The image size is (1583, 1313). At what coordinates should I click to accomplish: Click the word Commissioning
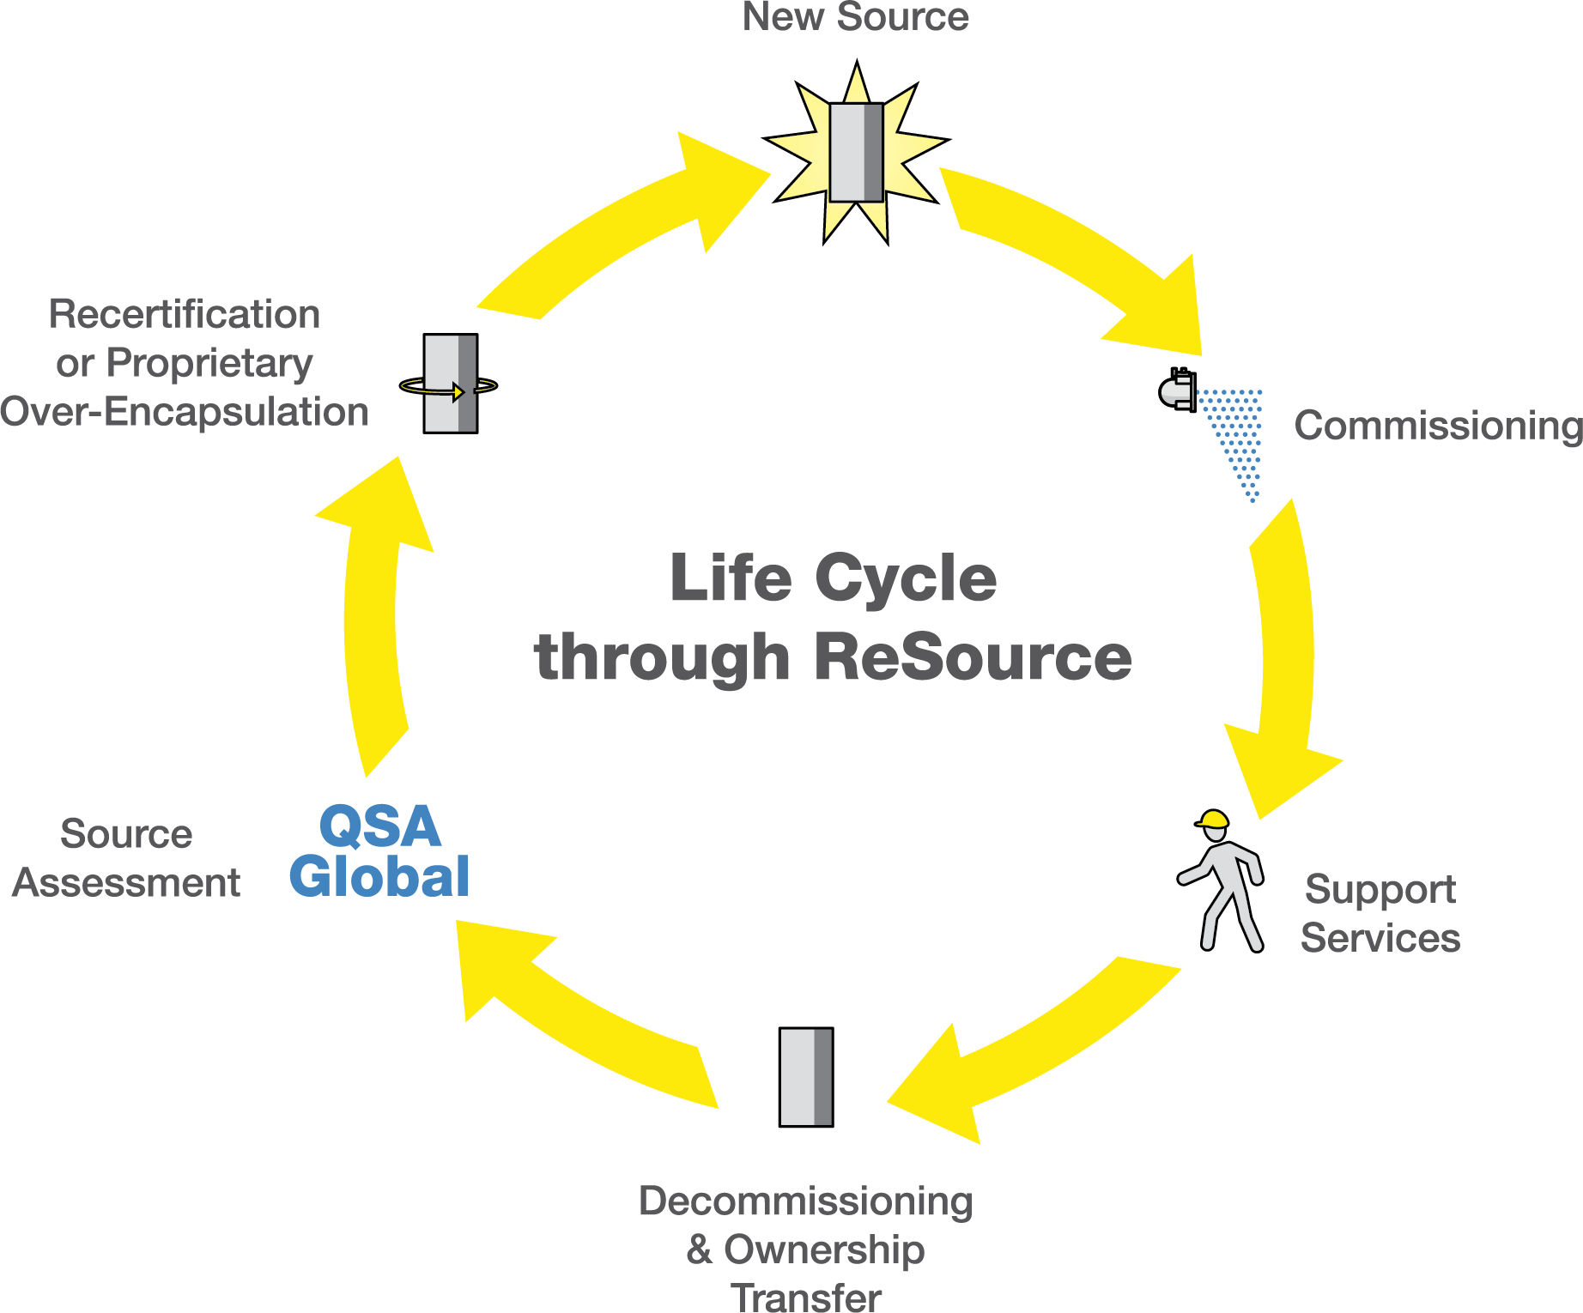pos(1438,426)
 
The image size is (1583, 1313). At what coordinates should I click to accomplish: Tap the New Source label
pos(855,17)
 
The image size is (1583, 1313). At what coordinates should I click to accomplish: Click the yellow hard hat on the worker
pos(1213,820)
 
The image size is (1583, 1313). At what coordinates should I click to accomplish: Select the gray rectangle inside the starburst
pos(856,153)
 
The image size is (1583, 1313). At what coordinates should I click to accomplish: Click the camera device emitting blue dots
pos(1177,390)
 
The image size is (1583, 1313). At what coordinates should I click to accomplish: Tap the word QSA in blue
pos(379,826)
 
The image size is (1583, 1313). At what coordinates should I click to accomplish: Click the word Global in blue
pos(379,877)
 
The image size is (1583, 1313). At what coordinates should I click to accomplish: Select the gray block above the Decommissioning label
pos(805,1077)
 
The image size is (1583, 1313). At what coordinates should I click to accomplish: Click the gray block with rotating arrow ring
pos(450,384)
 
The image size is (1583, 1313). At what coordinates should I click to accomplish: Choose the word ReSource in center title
pos(973,658)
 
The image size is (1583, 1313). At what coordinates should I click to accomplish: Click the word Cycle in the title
pos(906,578)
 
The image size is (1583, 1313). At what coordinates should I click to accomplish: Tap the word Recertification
pos(185,314)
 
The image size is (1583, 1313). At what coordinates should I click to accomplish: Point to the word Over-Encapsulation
pos(185,412)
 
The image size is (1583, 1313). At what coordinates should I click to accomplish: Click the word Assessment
pos(126,883)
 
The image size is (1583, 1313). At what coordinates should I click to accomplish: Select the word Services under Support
pos(1380,938)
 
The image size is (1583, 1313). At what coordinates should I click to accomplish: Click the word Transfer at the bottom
pos(806,1298)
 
